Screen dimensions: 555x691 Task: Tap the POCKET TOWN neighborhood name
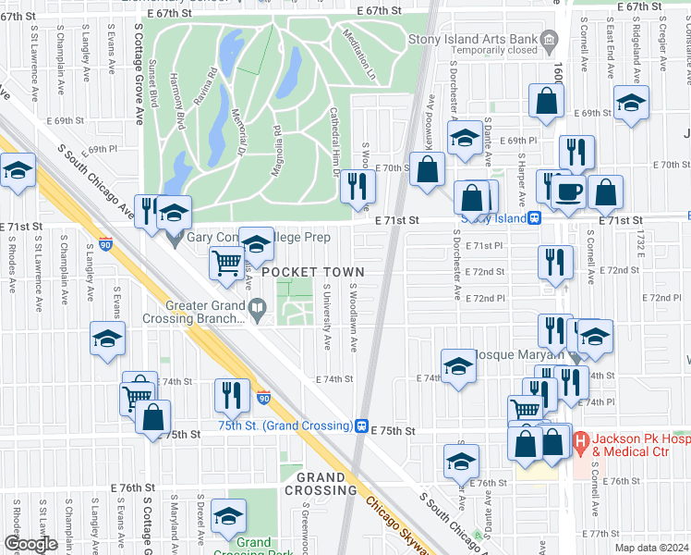311,272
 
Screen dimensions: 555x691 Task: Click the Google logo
30,544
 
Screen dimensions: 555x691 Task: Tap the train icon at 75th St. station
362,425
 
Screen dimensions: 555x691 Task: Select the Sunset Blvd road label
153,84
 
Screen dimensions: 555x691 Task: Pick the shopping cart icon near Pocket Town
226,264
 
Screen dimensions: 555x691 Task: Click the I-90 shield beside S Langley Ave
106,245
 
